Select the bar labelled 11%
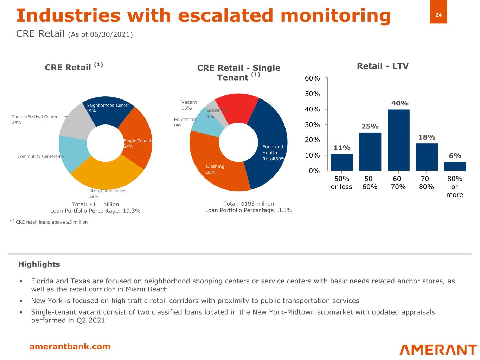342,162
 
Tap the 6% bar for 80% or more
455,166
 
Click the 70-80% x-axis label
426,183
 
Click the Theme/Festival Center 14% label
34,120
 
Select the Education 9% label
185,122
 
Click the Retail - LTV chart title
383,66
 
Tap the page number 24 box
439,15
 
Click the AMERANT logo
438,349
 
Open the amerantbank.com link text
70,347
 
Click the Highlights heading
39,264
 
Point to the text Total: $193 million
249,204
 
